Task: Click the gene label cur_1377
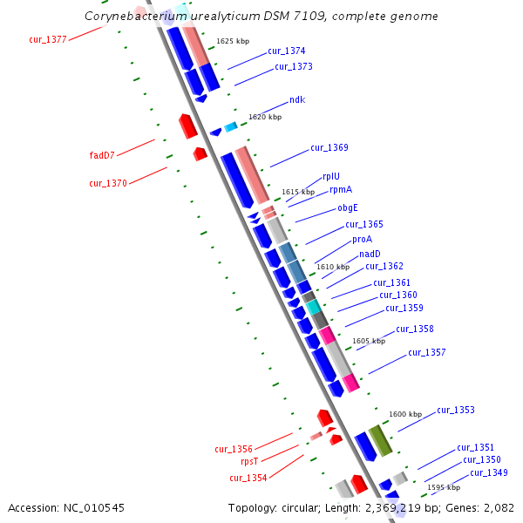47,39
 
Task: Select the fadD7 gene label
102,155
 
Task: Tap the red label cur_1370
108,183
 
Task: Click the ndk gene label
297,100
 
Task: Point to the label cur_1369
329,147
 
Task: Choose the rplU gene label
331,176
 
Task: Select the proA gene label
362,239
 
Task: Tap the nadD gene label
370,254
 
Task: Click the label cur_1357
427,352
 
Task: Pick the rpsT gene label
249,462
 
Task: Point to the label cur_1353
455,410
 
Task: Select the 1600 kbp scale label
405,414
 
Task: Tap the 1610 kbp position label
332,267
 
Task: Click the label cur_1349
488,472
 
